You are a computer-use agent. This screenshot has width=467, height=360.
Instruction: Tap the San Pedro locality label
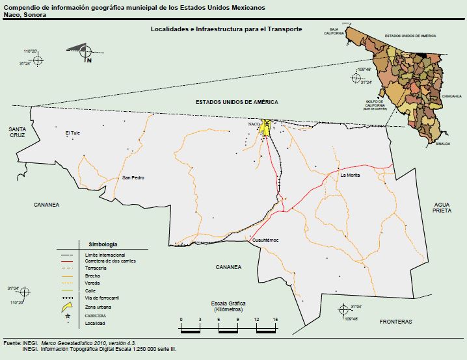click(133, 177)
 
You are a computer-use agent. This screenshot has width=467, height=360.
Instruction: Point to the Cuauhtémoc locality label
click(265, 240)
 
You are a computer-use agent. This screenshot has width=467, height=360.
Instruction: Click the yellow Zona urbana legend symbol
click(66, 306)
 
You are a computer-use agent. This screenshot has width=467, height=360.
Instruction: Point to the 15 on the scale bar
click(276, 320)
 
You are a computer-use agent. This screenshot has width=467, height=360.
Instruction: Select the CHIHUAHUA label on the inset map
click(451, 96)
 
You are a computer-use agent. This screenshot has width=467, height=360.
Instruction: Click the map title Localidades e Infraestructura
click(226, 29)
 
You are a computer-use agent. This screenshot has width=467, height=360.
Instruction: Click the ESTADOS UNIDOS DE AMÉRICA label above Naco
click(237, 102)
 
